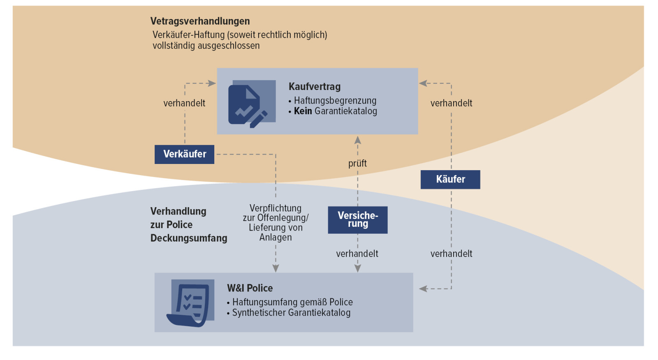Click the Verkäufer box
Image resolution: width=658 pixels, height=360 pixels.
pyautogui.click(x=184, y=154)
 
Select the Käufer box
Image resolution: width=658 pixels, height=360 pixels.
pyautogui.click(x=450, y=179)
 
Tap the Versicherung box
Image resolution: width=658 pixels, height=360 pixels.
pyautogui.click(x=357, y=219)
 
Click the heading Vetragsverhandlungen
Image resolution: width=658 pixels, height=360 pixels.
pyautogui.click(x=200, y=21)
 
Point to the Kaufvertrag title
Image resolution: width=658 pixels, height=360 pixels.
pyautogui.click(x=315, y=87)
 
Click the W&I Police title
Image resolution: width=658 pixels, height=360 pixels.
pyautogui.click(x=250, y=288)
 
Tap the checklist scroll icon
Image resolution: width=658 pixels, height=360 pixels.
pyautogui.click(x=190, y=303)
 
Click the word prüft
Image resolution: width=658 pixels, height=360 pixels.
pyautogui.click(x=357, y=163)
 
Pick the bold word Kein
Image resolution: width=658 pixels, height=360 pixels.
pyautogui.click(x=303, y=111)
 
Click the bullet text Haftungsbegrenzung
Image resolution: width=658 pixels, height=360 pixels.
pyautogui.click(x=335, y=101)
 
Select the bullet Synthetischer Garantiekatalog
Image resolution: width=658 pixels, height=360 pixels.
pyautogui.click(x=291, y=313)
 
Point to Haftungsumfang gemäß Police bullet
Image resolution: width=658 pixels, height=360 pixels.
pyautogui.click(x=292, y=302)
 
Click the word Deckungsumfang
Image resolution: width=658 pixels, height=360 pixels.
pyautogui.click(x=188, y=238)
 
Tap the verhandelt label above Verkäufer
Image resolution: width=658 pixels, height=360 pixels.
pyautogui.click(x=184, y=103)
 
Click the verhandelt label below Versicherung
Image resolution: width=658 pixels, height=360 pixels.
pyautogui.click(x=357, y=254)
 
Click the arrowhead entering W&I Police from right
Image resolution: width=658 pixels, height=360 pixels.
pyautogui.click(x=423, y=288)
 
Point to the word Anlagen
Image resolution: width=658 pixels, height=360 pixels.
pyautogui.click(x=276, y=237)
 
